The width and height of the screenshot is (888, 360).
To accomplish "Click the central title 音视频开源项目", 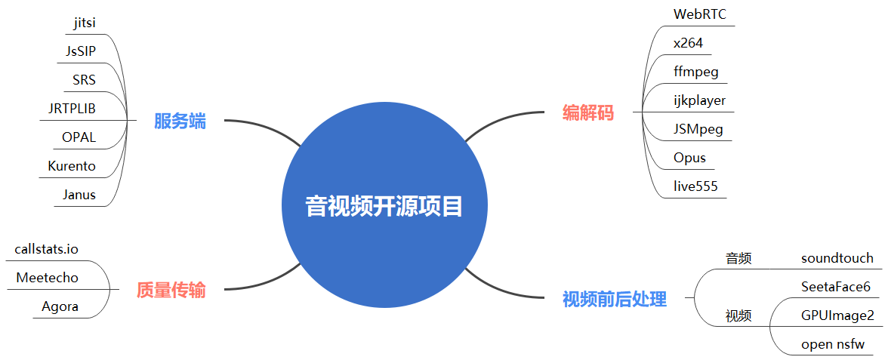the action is pos(384,206).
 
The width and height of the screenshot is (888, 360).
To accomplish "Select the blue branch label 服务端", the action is pos(180,122).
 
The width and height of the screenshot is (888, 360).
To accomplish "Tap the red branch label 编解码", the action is pos(588,113).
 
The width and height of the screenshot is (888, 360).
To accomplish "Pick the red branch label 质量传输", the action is pos(171,290).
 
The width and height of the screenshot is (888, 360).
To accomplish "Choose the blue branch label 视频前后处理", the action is pos(615,299).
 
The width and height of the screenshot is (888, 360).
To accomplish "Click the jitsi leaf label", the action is pos(85,23).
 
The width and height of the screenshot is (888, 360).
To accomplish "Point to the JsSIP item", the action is pos(81,51).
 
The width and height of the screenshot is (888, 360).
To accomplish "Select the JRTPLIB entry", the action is pos(72,109).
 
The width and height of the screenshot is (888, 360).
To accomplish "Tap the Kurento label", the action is pos(72,166).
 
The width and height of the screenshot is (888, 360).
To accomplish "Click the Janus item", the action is pos(79,195).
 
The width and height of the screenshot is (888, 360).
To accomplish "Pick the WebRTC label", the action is pos(700,14).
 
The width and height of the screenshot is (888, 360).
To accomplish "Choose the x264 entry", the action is pos(688,43).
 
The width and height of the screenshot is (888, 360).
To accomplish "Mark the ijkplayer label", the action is pos(699,100).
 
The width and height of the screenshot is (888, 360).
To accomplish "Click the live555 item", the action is pos(695,186).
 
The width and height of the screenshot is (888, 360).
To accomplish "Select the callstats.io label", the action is pos(47,249).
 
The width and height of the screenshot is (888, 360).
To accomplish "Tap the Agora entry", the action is pos(60,306).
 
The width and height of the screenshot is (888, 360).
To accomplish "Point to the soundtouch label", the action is pos(837,258).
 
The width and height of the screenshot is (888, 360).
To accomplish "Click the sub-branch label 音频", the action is pos(738,258).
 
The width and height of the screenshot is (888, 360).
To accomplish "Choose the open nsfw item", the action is pos(833,344).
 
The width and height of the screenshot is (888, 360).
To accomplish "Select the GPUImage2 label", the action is pos(837,315).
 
